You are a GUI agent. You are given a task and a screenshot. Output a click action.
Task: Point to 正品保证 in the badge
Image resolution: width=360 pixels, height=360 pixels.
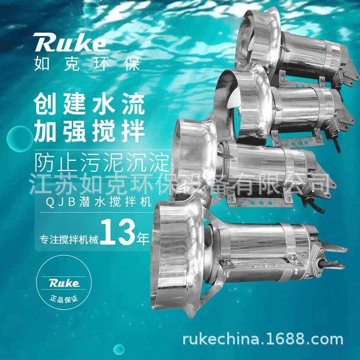[x=64, y=300]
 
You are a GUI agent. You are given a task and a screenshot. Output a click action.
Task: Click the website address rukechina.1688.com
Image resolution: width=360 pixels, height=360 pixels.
[x=262, y=339]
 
